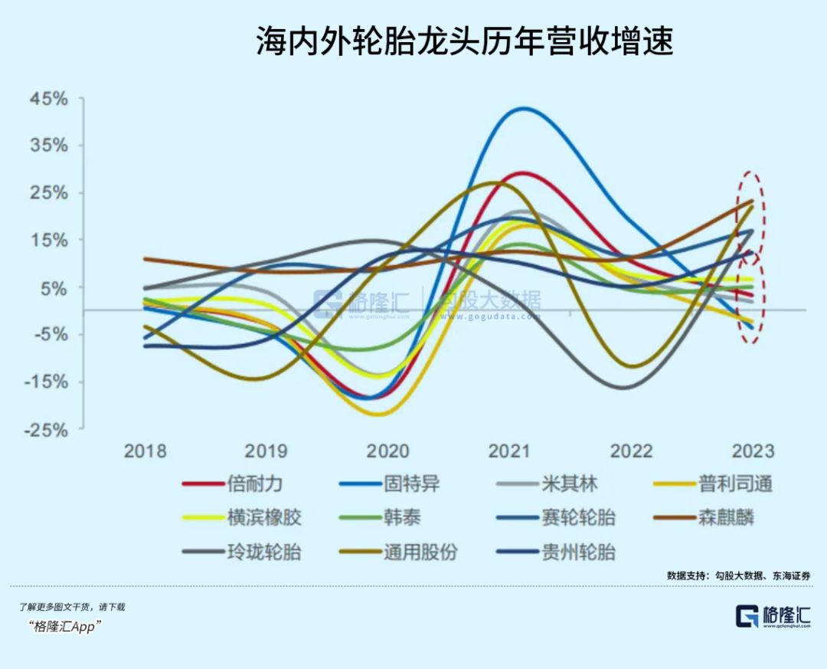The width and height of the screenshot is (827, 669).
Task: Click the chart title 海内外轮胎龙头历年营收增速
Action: point(464,42)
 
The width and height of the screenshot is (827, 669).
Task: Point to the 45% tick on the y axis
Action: point(49,100)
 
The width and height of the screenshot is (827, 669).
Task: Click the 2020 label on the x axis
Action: point(387,451)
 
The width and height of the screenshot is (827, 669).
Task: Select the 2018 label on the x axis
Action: point(145,451)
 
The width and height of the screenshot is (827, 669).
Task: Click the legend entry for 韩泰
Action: point(397,518)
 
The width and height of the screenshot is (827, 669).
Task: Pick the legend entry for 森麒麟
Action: point(726,518)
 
